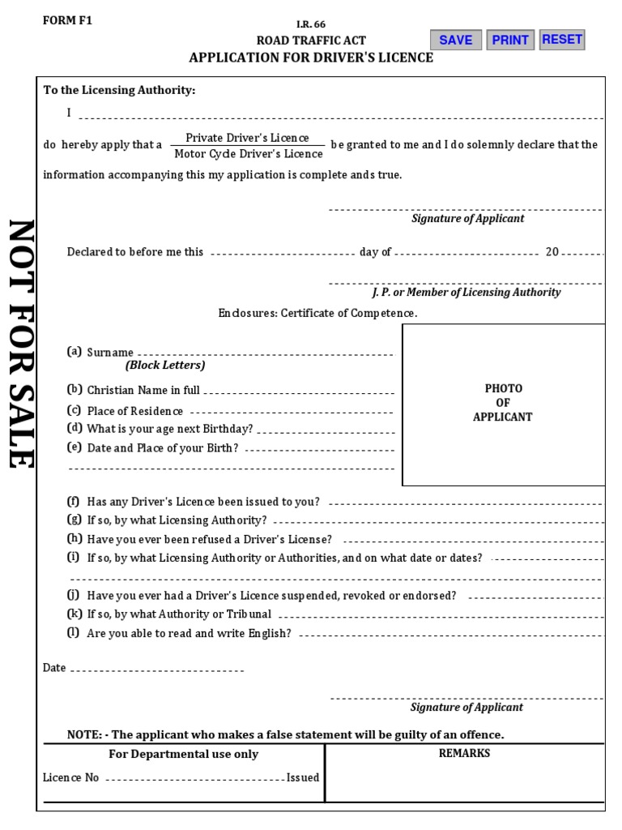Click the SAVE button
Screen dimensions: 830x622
[456, 40]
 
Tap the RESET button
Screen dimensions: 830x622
[562, 39]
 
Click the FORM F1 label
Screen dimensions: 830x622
[67, 21]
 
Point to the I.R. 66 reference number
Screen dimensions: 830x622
[311, 24]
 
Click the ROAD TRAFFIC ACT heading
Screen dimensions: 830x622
[311, 41]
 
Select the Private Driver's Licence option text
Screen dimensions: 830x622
[247, 138]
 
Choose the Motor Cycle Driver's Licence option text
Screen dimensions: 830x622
[249, 153]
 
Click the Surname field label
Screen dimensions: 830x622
[110, 353]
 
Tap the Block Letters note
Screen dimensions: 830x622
[165, 366]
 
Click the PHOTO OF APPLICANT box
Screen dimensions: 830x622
[503, 404]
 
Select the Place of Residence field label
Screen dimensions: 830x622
[135, 411]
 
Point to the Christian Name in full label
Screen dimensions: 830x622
[143, 390]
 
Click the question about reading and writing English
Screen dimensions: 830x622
[189, 633]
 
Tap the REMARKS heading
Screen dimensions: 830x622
[464, 753]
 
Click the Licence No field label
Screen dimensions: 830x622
[71, 777]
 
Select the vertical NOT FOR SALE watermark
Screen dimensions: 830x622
[19, 344]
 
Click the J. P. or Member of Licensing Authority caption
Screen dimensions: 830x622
[466, 292]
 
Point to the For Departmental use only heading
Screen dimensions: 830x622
[184, 754]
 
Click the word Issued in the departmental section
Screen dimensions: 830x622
[303, 777]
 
